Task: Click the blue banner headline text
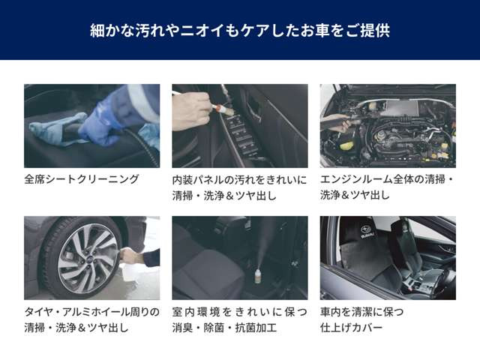tap(239, 31)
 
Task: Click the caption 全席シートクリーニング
tap(82, 179)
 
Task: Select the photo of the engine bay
tap(388, 125)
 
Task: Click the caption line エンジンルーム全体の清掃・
tap(387, 180)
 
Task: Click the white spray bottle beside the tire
tap(129, 267)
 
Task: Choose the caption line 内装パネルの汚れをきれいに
tap(239, 180)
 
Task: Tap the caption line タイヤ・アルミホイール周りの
tap(91, 311)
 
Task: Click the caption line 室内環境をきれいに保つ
tap(239, 311)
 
